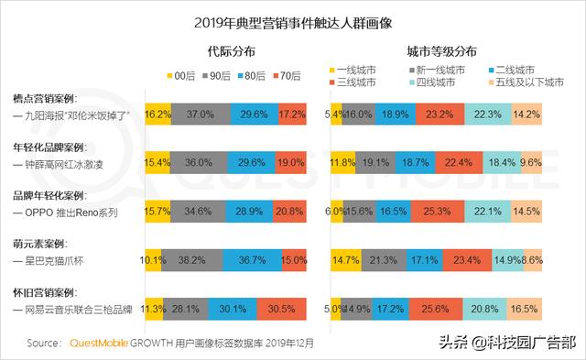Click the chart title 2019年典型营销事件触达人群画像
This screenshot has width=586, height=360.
[292, 20]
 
